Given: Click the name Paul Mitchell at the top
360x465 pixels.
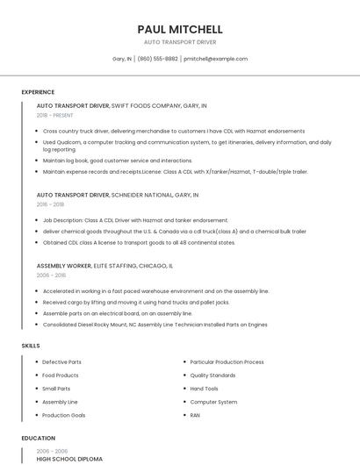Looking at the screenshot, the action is pos(180,29).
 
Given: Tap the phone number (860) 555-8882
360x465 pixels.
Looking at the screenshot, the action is pos(157,59).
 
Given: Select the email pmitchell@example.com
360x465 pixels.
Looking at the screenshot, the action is pos(215,59).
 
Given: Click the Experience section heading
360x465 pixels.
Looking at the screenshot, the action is pos(38,92).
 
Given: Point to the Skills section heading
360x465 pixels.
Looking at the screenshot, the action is pos(31,346).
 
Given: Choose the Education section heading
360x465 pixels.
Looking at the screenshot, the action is pos(39,438).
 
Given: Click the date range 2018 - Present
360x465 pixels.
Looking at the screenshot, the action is pos(55,115).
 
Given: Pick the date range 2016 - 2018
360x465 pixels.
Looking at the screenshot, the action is pos(51,204).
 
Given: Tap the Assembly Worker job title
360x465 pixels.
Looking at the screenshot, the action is pos(63,265).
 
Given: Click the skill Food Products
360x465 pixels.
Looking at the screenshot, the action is pos(61,376).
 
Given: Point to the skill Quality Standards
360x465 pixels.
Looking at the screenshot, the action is pos(212,376).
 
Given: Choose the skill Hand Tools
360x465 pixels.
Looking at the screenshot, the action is pos(205,389).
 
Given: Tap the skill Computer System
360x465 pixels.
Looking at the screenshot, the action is pos(213,402).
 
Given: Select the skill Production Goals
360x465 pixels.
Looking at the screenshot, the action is pos(64,415).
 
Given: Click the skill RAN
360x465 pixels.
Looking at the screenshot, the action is pos(195,415).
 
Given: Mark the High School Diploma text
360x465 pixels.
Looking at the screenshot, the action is pos(69,459).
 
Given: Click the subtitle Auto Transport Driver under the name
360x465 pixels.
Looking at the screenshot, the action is pos(180,41).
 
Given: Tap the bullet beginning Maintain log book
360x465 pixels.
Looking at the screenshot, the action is pos(117,161).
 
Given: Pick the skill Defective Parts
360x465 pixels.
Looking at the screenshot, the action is pos(61,362).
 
